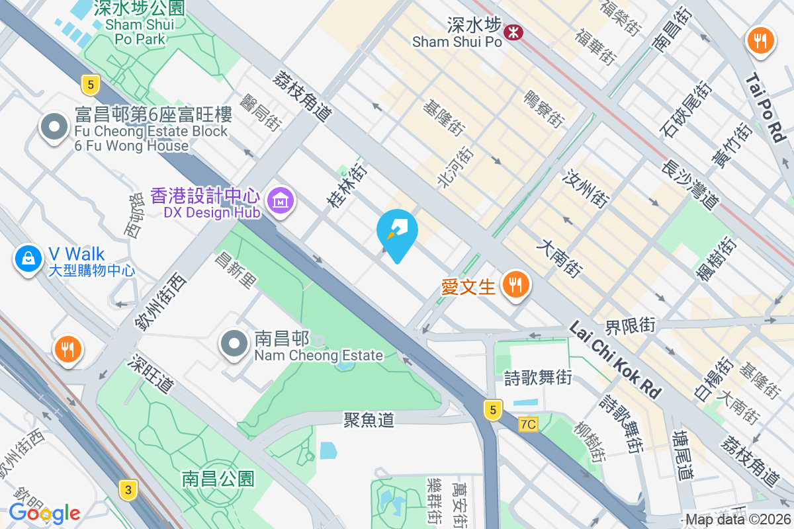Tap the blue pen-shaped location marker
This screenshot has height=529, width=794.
point(397,233)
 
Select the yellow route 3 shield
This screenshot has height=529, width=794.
point(128,489)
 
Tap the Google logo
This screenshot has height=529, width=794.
point(44,512)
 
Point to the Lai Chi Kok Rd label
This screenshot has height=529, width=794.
point(614,360)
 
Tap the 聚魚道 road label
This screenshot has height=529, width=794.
point(369,419)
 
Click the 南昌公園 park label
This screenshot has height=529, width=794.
point(218,478)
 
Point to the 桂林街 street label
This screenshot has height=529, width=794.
point(347,187)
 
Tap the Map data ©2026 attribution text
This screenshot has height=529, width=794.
point(737,520)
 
